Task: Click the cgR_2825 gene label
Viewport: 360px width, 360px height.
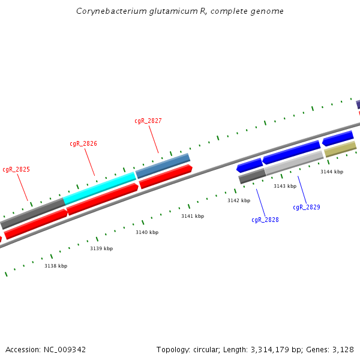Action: (16, 170)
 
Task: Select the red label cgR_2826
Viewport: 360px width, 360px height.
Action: (83, 144)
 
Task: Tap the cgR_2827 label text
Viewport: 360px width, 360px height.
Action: (148, 121)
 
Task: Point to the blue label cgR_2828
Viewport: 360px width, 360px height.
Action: (265, 220)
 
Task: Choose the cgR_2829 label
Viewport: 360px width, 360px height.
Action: (306, 207)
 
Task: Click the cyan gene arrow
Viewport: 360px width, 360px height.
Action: (100, 188)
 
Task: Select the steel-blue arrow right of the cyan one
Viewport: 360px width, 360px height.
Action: (163, 166)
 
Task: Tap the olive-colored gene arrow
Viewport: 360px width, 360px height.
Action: (340, 149)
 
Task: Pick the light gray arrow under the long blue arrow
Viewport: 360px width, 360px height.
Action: (294, 163)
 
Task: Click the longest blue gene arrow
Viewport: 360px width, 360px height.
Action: (291, 152)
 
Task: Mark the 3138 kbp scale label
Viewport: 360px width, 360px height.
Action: (56, 266)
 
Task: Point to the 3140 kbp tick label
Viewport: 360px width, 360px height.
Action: (147, 232)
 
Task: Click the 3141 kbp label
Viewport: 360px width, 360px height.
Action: (193, 216)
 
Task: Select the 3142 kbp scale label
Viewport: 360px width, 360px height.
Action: (238, 200)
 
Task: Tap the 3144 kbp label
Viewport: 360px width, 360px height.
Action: (332, 172)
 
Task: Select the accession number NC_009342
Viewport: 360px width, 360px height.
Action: (64, 349)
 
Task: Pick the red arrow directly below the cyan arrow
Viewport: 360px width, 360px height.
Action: (103, 199)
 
